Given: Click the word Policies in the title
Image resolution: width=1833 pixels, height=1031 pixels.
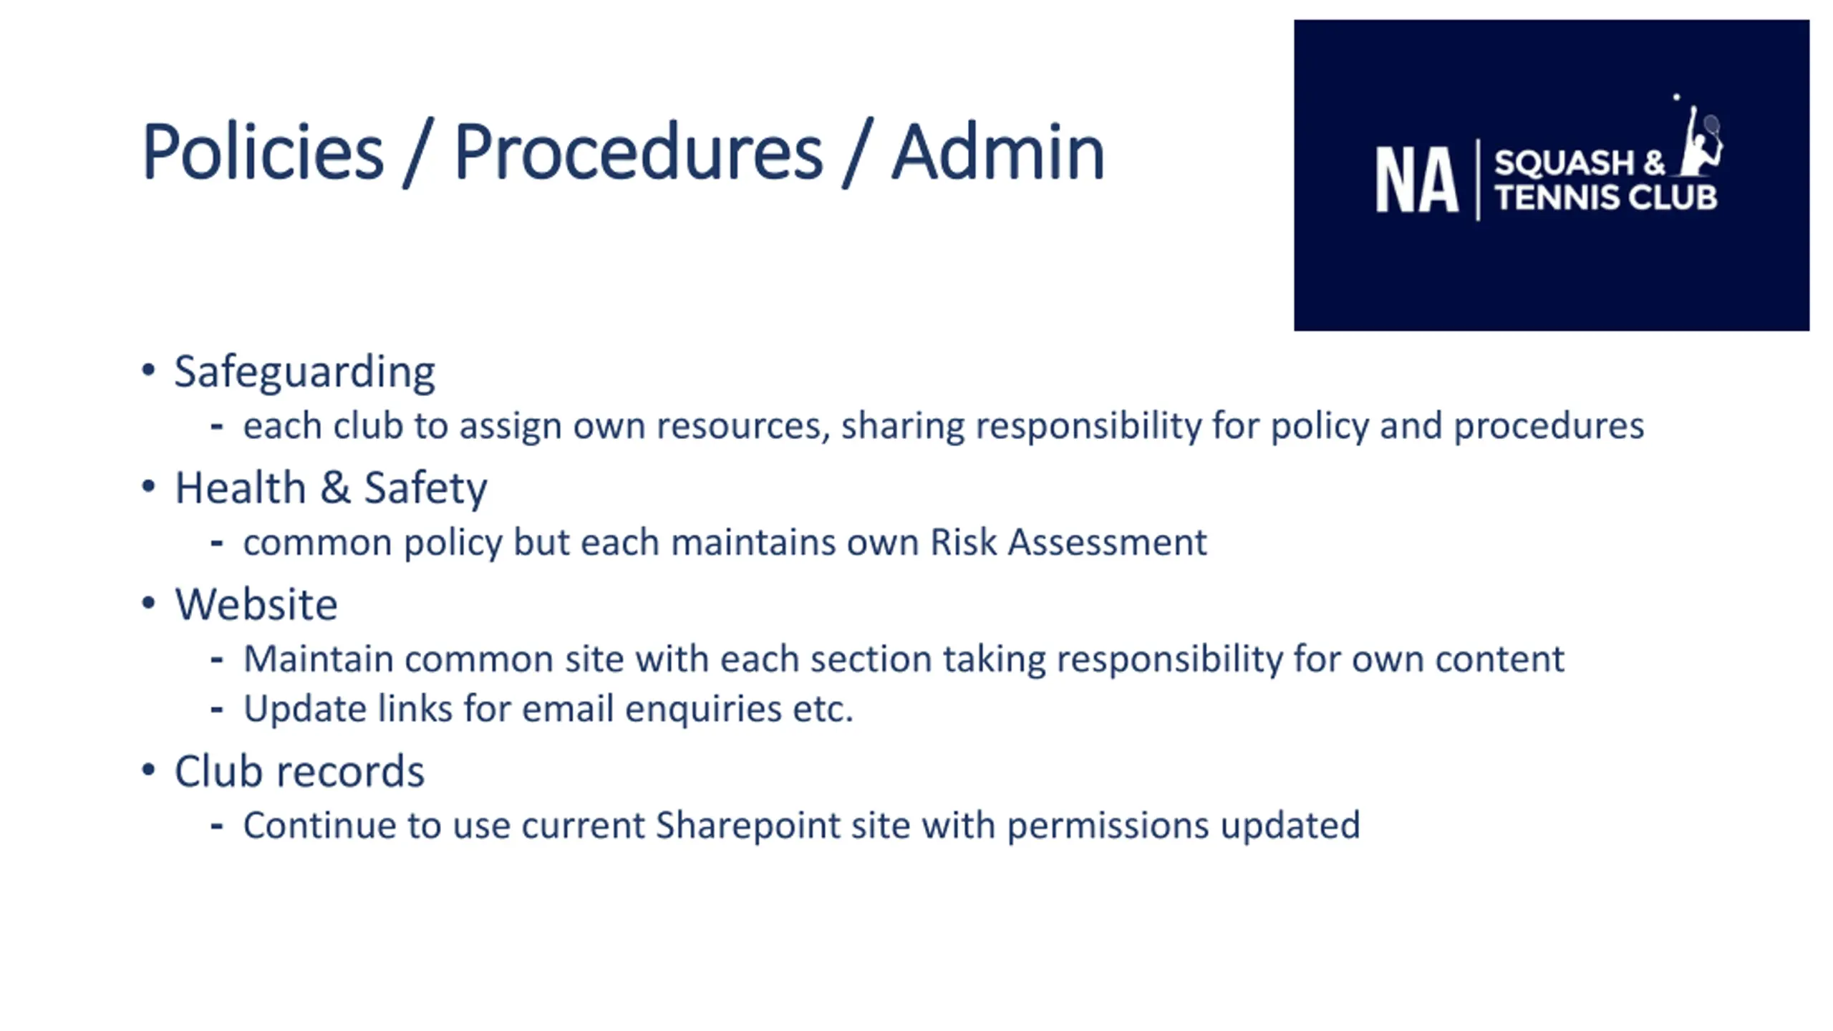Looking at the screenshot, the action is [x=263, y=152].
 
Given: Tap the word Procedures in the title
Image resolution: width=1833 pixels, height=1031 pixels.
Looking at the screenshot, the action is [x=638, y=152].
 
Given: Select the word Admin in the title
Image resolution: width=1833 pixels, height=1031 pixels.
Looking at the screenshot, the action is [x=998, y=152].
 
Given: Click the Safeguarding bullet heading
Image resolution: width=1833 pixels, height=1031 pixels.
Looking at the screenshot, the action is [x=304, y=372].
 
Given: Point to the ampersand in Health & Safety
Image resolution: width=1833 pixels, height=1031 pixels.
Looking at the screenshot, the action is [x=334, y=488].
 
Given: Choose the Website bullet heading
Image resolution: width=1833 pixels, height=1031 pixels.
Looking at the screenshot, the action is [x=256, y=604].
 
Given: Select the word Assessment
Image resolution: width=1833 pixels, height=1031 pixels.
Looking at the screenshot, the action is [x=1107, y=542].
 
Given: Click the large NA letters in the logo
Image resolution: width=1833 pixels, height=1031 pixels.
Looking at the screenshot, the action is [x=1416, y=180].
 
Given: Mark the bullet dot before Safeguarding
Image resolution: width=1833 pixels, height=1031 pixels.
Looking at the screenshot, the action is [x=148, y=370].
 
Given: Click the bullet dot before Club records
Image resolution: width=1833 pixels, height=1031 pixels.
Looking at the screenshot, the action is [x=148, y=770].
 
